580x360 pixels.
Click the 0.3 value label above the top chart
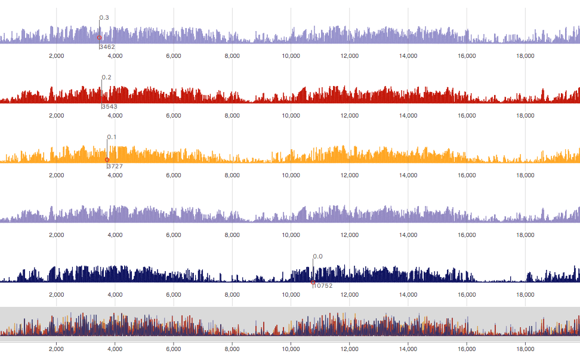tap(104, 18)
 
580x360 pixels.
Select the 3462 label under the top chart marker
tap(107, 47)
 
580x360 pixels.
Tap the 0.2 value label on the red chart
tap(107, 78)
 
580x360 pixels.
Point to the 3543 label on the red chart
tap(110, 106)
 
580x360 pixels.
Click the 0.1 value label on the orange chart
tap(112, 137)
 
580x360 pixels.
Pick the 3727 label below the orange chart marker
tap(115, 166)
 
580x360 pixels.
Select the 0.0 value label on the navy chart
tap(318, 257)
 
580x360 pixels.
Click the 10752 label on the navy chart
tap(323, 285)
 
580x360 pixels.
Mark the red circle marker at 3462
tap(100, 38)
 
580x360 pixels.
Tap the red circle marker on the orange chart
tap(107, 160)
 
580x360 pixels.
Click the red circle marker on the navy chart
tap(313, 281)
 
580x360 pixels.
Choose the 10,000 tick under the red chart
tap(291, 116)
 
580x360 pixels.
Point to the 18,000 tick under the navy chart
tap(525, 295)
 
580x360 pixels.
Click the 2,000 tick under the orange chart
tap(56, 176)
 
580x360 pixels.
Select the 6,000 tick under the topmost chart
tap(174, 56)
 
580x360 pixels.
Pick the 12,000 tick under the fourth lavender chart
tap(349, 235)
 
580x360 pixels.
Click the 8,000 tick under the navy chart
tap(232, 295)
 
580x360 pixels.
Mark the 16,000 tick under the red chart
tap(467, 116)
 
